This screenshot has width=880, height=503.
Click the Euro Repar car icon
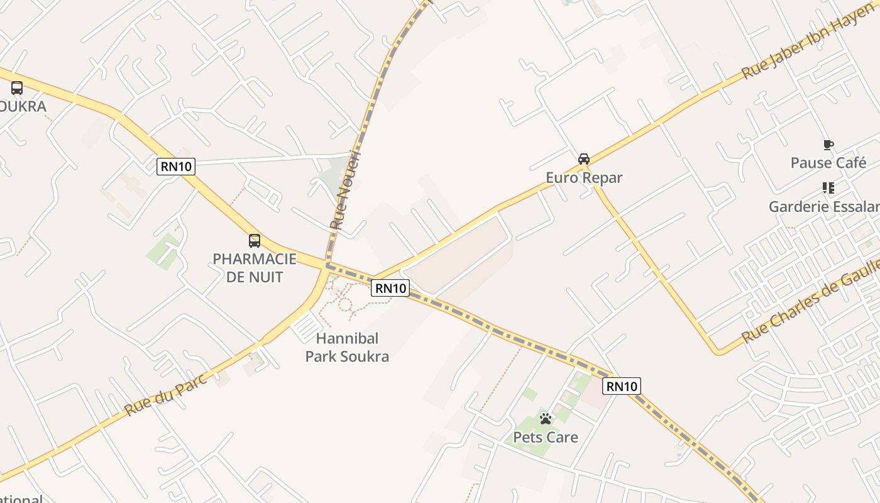(x=584, y=158)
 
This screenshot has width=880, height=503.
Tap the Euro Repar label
(x=584, y=178)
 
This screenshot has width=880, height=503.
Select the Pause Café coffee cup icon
(x=828, y=145)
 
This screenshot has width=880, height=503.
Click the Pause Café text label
(x=828, y=163)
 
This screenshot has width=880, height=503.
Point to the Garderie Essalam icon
(x=828, y=188)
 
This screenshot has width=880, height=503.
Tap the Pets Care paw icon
(x=546, y=418)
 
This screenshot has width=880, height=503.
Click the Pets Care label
(x=546, y=437)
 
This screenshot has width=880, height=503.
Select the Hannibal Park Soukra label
(x=347, y=348)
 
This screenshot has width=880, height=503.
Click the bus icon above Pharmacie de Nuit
(x=255, y=240)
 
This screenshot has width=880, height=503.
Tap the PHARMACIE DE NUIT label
(x=255, y=268)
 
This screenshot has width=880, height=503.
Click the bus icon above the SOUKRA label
(x=17, y=88)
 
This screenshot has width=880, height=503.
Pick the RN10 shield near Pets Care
(x=622, y=386)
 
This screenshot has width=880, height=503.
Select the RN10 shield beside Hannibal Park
(x=390, y=288)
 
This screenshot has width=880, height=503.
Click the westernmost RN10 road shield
(x=176, y=167)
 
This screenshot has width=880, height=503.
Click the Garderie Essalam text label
(x=824, y=207)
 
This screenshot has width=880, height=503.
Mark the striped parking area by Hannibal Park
(x=307, y=328)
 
